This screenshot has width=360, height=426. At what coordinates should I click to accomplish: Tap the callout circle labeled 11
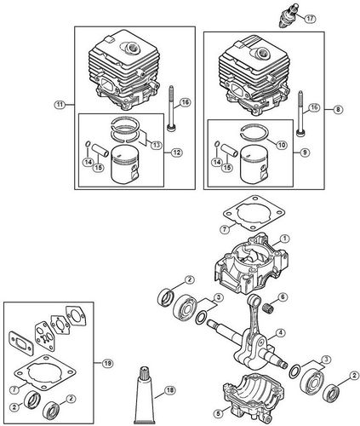coord(59,104)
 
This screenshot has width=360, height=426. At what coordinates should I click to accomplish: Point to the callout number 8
coord(338,109)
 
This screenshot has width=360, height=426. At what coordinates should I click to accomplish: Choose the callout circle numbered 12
coord(176,153)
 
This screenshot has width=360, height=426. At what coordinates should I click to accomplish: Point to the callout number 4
coord(281,332)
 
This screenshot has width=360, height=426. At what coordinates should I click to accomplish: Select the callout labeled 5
coord(217,415)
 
